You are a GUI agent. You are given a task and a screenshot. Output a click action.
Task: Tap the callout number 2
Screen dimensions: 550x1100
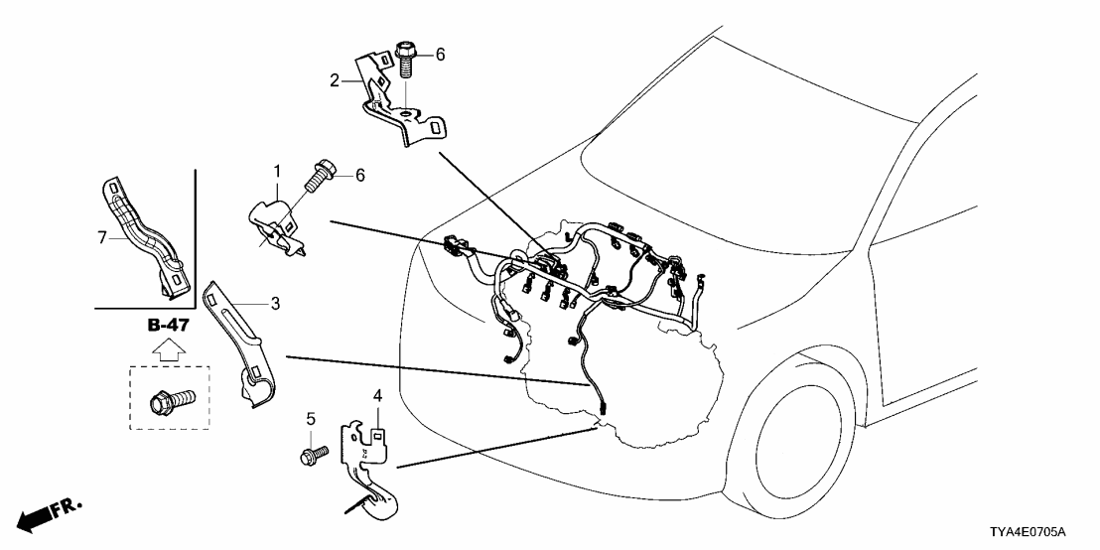[x=335, y=79]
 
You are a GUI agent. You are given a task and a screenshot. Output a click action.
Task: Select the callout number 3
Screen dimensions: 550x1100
[x=275, y=303]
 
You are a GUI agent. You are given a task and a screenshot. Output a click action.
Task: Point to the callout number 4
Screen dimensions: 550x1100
[x=377, y=397]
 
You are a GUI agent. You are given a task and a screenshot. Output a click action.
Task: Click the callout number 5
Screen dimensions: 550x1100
[x=309, y=419]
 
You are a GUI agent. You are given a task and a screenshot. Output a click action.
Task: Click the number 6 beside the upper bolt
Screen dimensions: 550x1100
[x=441, y=56]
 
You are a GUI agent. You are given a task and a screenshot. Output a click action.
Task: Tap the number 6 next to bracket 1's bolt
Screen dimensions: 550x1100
[x=361, y=175]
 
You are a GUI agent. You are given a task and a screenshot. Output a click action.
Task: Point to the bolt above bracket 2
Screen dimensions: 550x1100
[x=407, y=59]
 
